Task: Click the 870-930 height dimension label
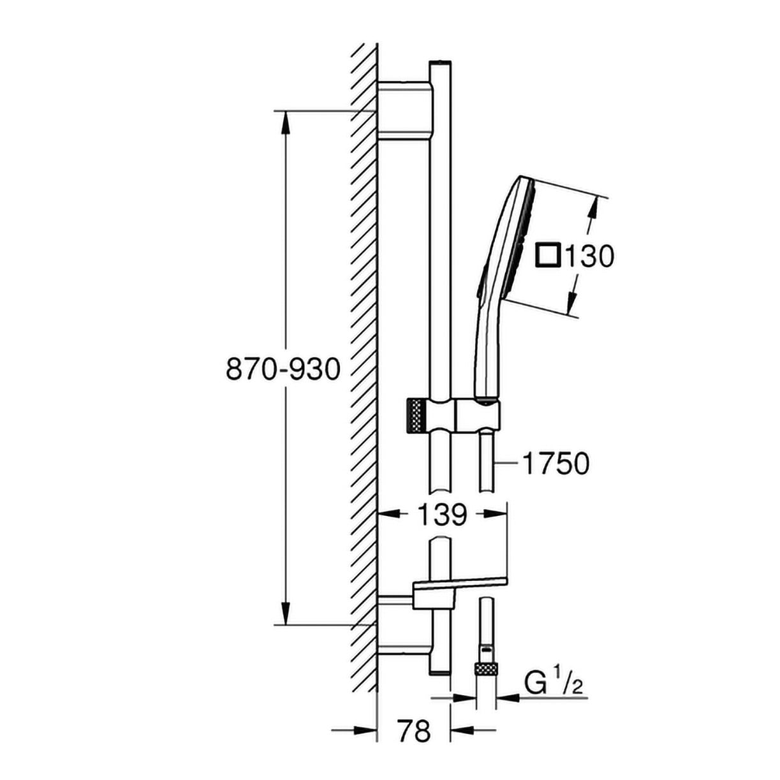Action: (x=283, y=369)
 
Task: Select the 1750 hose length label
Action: (x=556, y=464)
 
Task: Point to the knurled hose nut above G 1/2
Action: (x=485, y=668)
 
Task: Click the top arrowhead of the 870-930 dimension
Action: (x=286, y=121)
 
